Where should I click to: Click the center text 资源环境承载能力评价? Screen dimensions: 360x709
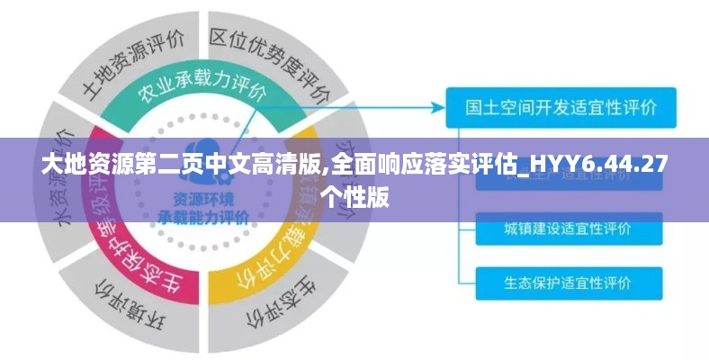203,209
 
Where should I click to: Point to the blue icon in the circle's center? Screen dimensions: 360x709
205,153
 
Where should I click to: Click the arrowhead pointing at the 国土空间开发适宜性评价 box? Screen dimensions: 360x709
439,107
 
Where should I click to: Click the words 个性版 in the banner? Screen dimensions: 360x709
354,195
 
